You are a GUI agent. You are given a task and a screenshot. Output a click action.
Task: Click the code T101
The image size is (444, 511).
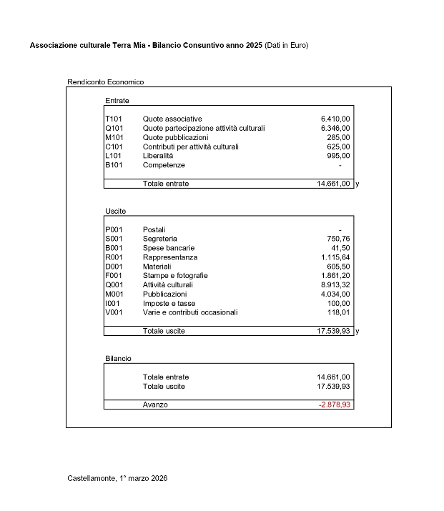tap(114, 119)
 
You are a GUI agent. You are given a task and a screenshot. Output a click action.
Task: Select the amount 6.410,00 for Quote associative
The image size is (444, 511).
tap(335, 119)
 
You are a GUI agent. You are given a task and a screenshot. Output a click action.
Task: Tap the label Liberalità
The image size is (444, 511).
tap(157, 156)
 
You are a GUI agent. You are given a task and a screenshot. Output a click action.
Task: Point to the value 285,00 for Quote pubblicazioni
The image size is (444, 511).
tap(338, 137)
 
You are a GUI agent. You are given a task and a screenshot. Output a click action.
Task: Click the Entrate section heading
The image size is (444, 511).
tap(117, 101)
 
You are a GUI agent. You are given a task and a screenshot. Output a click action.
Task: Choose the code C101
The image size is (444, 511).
tap(114, 147)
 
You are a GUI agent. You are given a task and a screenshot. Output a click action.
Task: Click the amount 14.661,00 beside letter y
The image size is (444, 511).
tap(333, 184)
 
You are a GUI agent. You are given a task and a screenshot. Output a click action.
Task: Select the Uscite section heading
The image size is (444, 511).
tap(115, 212)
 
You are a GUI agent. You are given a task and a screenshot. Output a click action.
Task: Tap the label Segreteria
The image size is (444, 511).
tap(159, 239)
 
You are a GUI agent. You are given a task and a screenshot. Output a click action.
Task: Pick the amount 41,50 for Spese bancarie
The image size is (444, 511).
tap(340, 248)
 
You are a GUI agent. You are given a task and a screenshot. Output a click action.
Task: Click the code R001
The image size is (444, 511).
tap(114, 257)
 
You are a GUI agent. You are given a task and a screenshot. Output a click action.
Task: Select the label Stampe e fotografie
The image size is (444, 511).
tap(175, 276)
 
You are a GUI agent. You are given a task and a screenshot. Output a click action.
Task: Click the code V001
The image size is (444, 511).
tap(114, 312)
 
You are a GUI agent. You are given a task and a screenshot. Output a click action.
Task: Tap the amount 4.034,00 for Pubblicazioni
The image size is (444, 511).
tap(335, 294)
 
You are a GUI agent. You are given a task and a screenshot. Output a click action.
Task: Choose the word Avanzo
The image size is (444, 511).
tap(155, 405)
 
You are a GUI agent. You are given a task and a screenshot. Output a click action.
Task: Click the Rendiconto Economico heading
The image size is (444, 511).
tap(105, 82)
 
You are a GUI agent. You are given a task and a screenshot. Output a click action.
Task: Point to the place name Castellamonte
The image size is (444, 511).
tap(91, 477)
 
